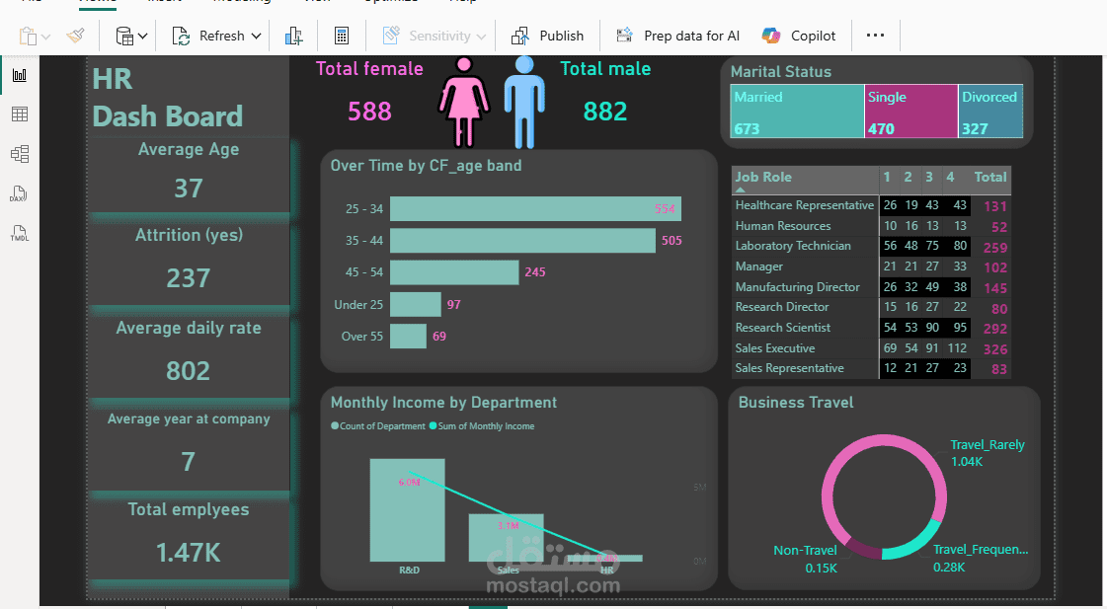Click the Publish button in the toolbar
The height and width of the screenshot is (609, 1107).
[548, 36]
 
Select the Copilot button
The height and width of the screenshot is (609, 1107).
[799, 36]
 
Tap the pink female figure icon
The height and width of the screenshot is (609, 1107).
[463, 101]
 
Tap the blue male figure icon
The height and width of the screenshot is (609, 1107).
[524, 99]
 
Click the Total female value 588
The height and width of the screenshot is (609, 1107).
[369, 112]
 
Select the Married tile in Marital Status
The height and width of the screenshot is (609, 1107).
[797, 112]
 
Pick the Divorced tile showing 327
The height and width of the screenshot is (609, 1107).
[989, 112]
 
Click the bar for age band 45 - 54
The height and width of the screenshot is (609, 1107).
[454, 272]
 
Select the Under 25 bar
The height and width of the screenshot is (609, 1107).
[415, 304]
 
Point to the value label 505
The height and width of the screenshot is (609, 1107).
[672, 241]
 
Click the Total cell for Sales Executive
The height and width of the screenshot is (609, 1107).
[994, 349]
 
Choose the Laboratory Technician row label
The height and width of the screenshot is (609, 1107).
[793, 246]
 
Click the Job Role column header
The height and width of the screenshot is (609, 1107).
[763, 178]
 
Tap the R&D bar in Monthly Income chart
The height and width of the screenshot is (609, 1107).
[407, 510]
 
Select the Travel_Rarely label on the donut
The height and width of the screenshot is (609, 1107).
[987, 445]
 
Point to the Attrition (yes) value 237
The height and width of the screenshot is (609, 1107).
[189, 278]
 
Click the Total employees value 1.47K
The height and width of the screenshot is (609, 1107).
[189, 553]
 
